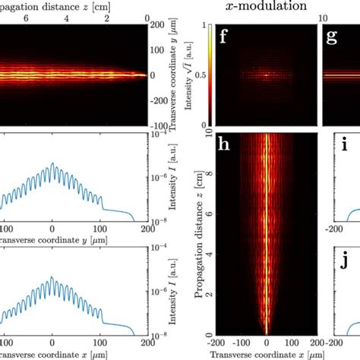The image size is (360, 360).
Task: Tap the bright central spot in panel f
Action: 266,75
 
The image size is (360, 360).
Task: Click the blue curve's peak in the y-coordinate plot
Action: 52,163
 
